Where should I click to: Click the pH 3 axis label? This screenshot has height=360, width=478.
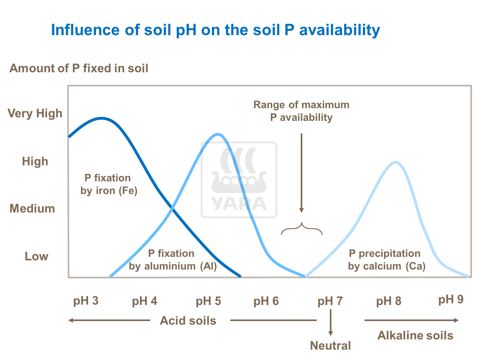86,300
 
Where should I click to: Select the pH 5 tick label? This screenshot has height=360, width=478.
208,301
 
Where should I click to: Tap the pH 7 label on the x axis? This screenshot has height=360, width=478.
330,301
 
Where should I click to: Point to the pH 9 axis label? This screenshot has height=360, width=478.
451,299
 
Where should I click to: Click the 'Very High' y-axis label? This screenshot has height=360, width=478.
35,113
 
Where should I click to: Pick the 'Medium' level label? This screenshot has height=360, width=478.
32,209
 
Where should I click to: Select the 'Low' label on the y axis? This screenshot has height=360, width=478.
36,256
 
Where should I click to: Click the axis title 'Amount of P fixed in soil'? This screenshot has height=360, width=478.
79,68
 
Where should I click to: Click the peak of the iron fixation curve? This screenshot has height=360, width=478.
101,118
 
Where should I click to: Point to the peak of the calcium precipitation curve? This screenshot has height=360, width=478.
396,162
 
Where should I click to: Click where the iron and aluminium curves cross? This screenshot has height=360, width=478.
172,208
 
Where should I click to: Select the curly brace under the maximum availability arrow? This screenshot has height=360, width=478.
302,229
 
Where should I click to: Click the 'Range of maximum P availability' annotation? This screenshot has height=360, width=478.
301,111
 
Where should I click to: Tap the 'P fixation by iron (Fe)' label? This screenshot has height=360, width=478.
109,184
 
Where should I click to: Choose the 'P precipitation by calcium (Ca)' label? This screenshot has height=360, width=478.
387,260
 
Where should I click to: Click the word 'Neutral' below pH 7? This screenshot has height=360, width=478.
330,345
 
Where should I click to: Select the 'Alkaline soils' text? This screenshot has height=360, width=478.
415,335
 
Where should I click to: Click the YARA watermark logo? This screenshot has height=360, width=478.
239,180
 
